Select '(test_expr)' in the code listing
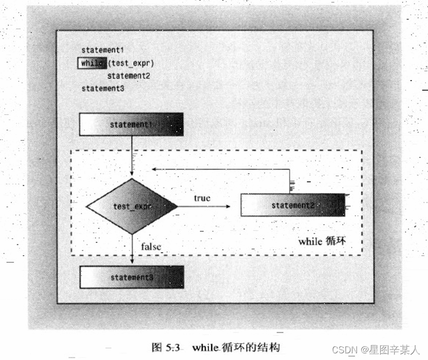click(x=131, y=63)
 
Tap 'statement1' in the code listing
click(x=103, y=50)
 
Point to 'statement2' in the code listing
click(x=128, y=76)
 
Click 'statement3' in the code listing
click(x=103, y=88)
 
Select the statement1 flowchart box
click(x=131, y=124)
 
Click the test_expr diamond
click(x=132, y=206)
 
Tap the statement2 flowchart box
click(x=293, y=205)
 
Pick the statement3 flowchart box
click(x=132, y=277)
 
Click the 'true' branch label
click(x=202, y=198)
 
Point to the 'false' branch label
click(x=151, y=247)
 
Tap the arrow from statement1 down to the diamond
click(x=132, y=157)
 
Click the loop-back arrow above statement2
click(x=221, y=169)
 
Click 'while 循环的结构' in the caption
click(x=237, y=347)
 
